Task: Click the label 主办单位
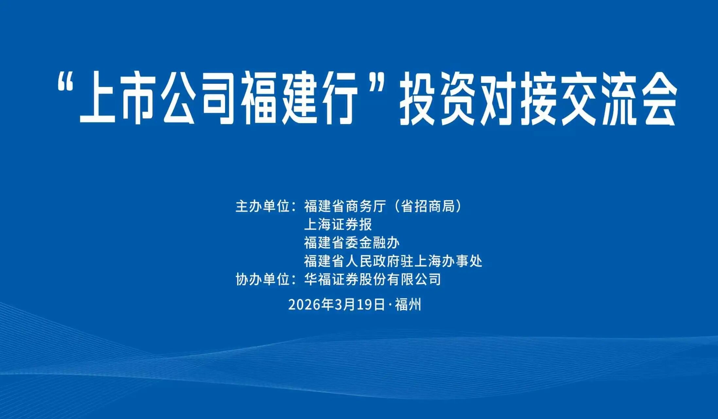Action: pyautogui.click(x=263, y=206)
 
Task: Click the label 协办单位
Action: pyautogui.click(x=263, y=280)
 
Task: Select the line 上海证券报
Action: pyautogui.click(x=338, y=225)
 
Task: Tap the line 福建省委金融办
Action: pyautogui.click(x=352, y=243)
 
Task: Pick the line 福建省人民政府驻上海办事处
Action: pyautogui.click(x=393, y=261)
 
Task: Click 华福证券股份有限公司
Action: pyautogui.click(x=373, y=280)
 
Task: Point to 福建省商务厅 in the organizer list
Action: pyautogui.click(x=345, y=206)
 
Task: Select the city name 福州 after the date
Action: pyautogui.click(x=408, y=305)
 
